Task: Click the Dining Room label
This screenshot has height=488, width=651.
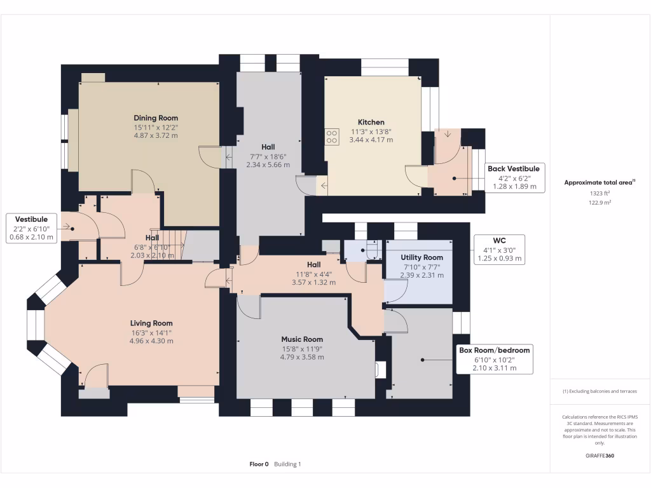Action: (156, 118)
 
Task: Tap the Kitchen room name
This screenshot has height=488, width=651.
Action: (371, 122)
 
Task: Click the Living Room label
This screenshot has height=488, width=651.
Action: (151, 323)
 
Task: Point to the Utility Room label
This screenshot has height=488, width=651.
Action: (421, 257)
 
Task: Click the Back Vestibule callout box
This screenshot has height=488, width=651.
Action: (513, 177)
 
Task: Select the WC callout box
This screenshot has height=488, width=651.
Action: (499, 250)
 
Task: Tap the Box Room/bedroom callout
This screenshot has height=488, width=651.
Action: (494, 359)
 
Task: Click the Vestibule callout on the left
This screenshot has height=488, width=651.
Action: (32, 227)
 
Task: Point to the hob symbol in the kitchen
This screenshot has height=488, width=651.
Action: (331, 136)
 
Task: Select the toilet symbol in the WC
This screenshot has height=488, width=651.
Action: (371, 249)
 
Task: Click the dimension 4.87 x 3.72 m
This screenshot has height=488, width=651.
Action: (156, 135)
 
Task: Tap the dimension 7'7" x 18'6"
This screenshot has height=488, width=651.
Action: (268, 156)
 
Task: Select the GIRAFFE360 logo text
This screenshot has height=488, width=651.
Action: (600, 456)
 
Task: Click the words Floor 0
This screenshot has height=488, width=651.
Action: (259, 464)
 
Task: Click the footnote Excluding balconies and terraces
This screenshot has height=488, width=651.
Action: (600, 391)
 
